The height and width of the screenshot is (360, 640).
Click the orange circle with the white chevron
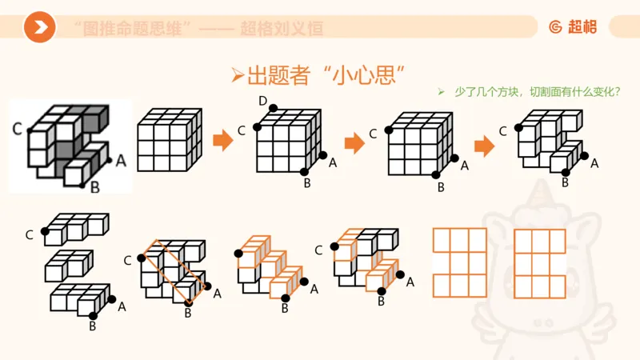[39, 28]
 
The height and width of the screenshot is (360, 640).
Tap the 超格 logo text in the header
[580, 27]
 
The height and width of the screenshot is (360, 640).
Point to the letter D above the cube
[262, 100]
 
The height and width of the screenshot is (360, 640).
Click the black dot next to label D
[273, 108]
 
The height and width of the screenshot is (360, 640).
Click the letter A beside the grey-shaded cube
[121, 160]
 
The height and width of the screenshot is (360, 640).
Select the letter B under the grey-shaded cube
[94, 188]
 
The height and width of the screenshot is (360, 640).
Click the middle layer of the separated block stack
[69, 264]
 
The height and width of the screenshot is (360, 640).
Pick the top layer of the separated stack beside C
[76, 226]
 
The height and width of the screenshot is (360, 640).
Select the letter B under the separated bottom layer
[92, 326]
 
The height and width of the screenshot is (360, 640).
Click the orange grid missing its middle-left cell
[459, 262]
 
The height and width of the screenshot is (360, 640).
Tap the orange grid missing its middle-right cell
[540, 262]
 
